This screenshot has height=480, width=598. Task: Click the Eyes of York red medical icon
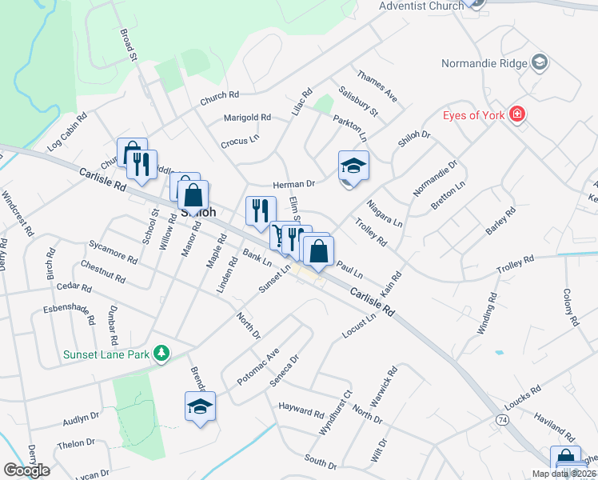517,115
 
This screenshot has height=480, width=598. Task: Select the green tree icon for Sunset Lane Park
161,353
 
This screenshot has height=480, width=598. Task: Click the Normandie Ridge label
486,62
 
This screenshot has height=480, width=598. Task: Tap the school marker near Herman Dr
353,166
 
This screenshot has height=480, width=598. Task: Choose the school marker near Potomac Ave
200,406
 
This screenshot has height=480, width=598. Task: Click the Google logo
26,470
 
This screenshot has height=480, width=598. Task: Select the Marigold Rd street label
247,118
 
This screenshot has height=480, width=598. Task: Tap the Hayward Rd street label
301,410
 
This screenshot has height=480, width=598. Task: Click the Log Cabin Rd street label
67,133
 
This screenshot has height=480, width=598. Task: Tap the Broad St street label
130,46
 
